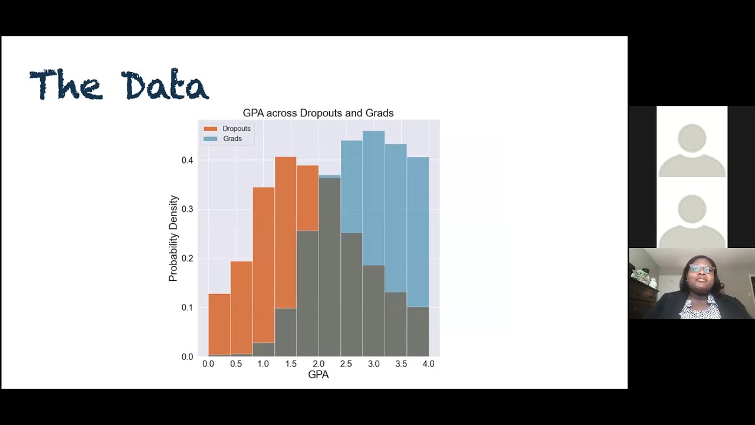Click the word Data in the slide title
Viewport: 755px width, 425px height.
165,86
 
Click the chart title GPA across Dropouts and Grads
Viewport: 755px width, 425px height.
318,113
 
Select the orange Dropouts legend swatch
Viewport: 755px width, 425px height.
211,129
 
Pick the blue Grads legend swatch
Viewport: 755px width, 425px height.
211,139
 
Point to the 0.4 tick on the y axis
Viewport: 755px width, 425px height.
187,160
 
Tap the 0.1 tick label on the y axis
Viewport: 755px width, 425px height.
187,308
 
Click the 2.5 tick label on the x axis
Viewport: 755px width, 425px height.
346,364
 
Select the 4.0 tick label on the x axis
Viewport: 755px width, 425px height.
428,364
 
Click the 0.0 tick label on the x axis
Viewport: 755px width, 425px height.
208,364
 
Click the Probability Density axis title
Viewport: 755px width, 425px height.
173,238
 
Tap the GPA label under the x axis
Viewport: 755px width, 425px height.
318,375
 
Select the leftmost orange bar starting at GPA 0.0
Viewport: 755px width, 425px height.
219,325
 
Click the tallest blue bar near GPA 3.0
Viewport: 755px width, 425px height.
373,195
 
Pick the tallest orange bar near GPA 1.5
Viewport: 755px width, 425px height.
285,230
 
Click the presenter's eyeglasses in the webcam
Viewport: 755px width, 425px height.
701,270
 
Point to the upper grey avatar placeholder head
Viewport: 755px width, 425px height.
692,139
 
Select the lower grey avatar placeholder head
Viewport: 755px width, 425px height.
692,210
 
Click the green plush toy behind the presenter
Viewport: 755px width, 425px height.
640,276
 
